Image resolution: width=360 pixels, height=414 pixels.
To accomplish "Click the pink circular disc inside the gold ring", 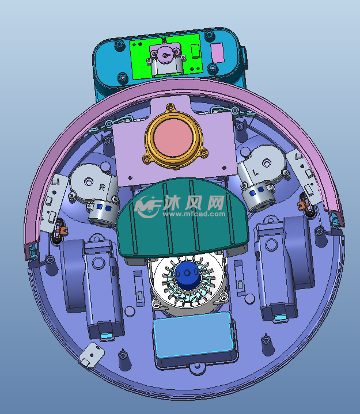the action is point(173,139).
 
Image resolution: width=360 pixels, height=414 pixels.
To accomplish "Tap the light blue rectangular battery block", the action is point(194,335).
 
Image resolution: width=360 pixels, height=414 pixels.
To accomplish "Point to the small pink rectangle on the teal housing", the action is point(217,52).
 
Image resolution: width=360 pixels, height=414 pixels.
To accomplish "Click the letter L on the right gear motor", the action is point(255,172).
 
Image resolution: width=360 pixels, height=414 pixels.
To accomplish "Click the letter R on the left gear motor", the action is point(102,187).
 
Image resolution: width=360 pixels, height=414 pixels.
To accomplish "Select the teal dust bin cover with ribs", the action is point(183,217).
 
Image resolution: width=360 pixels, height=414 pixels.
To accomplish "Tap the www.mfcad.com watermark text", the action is point(194,214).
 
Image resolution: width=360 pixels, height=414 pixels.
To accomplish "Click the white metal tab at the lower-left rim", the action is point(92,355).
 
